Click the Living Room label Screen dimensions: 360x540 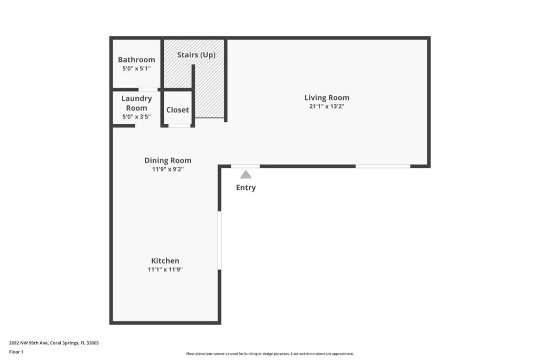pos(326,97)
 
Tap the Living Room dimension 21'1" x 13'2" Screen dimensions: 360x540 pos(326,106)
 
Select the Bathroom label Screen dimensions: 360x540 pos(136,60)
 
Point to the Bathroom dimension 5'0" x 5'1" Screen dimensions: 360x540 pos(136,68)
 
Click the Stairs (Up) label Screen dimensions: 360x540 pos(196,55)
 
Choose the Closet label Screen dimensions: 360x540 pos(178,110)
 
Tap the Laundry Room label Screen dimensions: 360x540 pos(136,103)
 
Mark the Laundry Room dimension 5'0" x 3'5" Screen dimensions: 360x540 pos(136,117)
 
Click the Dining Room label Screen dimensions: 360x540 pos(168,160)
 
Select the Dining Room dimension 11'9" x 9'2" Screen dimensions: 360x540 pos(168,169)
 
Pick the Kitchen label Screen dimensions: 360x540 pos(165,261)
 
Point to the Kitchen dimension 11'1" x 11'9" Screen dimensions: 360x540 pos(165,270)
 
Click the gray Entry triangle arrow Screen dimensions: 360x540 pos(246,175)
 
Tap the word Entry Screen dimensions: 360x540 pos(246,187)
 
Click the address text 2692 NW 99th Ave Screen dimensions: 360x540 pos(54,343)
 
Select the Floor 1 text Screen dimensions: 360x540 pos(16,352)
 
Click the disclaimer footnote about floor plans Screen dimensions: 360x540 pos(270,353)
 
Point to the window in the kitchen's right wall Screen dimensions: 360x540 pos(219,240)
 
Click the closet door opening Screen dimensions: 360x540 pos(179,126)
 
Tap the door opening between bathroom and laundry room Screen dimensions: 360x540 pos(148,90)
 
